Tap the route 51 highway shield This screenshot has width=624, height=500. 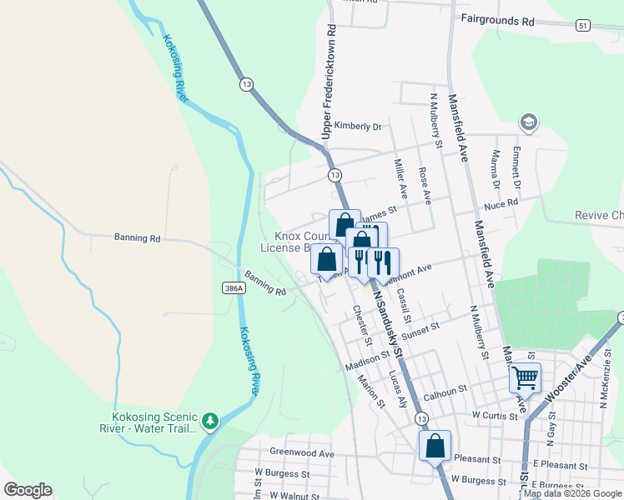pos(582,27)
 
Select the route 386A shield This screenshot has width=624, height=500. pos(234,288)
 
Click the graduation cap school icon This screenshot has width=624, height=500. pos(528,122)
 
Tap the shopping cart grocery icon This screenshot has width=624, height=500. pos(525,378)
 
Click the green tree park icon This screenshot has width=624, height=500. pos(212,419)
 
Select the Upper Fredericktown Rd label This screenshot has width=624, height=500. pos(330,82)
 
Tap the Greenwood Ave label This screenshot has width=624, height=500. pos(301,453)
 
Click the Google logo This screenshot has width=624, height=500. pos(28,490)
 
